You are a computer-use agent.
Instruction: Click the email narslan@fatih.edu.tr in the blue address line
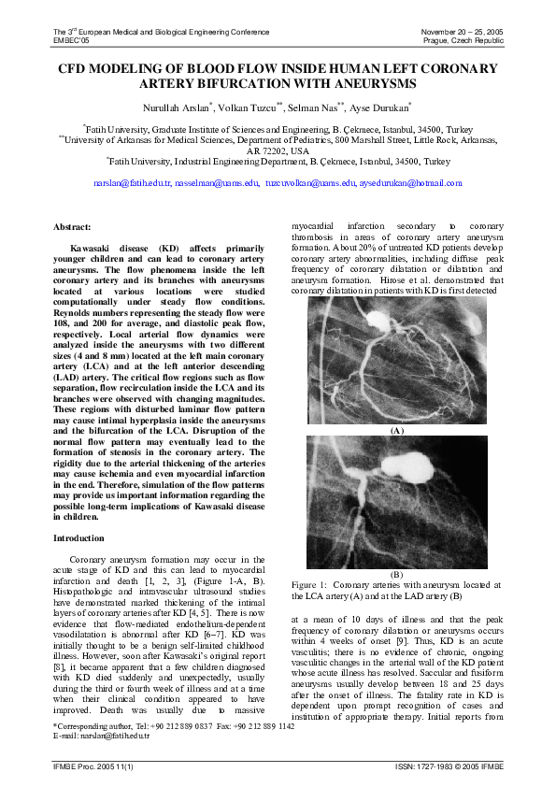click(x=132, y=183)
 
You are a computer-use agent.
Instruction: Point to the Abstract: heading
click(x=72, y=227)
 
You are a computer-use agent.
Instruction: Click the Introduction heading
click(x=78, y=538)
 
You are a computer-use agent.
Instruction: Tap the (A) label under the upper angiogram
click(x=396, y=430)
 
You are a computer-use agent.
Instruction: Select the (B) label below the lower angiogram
click(x=396, y=573)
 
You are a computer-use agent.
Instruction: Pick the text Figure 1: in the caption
click(x=307, y=584)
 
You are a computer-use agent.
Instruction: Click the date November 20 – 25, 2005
click(x=462, y=32)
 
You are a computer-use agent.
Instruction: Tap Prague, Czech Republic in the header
click(x=463, y=41)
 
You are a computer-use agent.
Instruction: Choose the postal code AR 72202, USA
click(x=278, y=150)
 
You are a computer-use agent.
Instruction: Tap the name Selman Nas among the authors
click(x=321, y=107)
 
